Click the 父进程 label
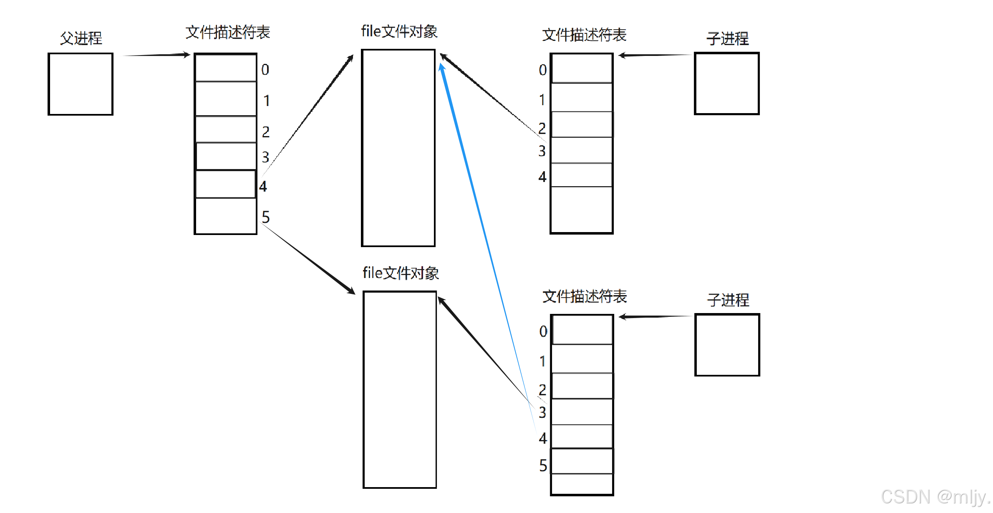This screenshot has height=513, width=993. (81, 38)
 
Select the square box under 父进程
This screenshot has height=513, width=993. (81, 84)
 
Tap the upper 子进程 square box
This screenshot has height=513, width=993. (727, 83)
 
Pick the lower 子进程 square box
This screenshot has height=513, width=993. (727, 345)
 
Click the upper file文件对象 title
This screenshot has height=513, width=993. (399, 32)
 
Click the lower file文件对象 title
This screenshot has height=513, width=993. (401, 273)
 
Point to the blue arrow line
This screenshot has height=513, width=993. (484, 234)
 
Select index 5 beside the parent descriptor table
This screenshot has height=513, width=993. (266, 217)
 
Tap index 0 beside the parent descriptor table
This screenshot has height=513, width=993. (265, 70)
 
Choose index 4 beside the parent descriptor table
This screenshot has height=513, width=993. (263, 186)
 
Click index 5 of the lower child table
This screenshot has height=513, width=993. (543, 465)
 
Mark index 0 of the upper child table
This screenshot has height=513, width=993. (542, 70)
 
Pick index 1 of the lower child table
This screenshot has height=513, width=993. (542, 361)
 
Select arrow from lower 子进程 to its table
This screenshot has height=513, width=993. (655, 317)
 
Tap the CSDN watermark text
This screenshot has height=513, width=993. (935, 497)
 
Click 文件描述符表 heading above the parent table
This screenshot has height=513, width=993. (228, 32)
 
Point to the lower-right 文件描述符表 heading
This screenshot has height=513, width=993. (585, 296)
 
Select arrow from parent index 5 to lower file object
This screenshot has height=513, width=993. (309, 259)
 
